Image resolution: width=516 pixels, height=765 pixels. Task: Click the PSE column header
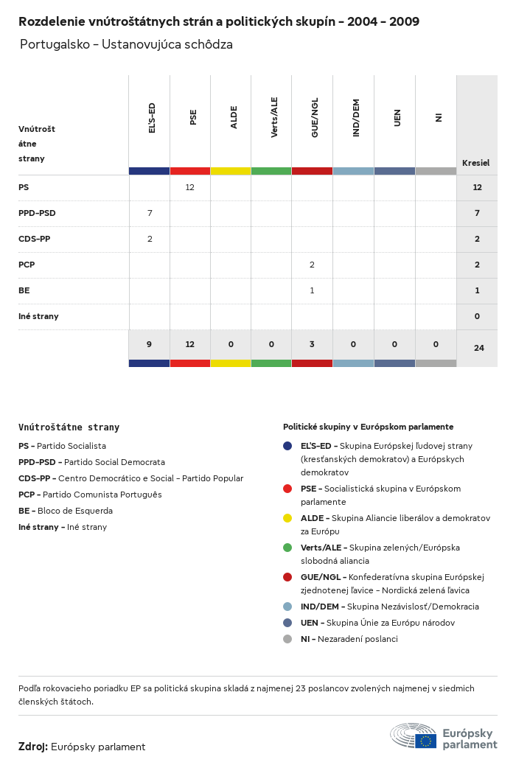(x=193, y=117)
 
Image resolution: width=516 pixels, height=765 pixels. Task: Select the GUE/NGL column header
(x=315, y=119)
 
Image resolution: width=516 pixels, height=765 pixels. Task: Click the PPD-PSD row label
(x=37, y=213)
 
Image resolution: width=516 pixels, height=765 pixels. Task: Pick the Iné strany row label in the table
(x=38, y=316)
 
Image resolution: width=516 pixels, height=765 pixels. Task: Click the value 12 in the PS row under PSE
(x=189, y=187)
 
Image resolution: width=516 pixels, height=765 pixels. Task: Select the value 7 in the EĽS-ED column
(x=150, y=213)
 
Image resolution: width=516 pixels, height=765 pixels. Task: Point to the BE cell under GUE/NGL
(x=312, y=290)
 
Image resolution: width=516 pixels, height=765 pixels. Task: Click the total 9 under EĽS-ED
(x=149, y=344)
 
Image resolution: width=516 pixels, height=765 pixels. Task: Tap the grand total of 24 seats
(x=478, y=348)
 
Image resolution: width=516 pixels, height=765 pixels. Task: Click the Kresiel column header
(x=475, y=163)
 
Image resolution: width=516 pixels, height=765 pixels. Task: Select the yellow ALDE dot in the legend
(x=287, y=518)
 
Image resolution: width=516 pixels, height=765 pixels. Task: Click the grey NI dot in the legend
(x=287, y=639)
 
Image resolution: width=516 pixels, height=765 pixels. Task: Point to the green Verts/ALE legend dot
(x=287, y=548)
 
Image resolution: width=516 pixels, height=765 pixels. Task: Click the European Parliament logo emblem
(x=413, y=736)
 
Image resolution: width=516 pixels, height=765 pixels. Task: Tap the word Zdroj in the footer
(x=33, y=747)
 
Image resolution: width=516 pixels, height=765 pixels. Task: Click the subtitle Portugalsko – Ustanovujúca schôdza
(x=126, y=44)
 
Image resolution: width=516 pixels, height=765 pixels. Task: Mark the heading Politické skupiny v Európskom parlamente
(x=368, y=427)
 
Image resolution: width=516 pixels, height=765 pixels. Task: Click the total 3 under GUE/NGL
(x=312, y=344)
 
